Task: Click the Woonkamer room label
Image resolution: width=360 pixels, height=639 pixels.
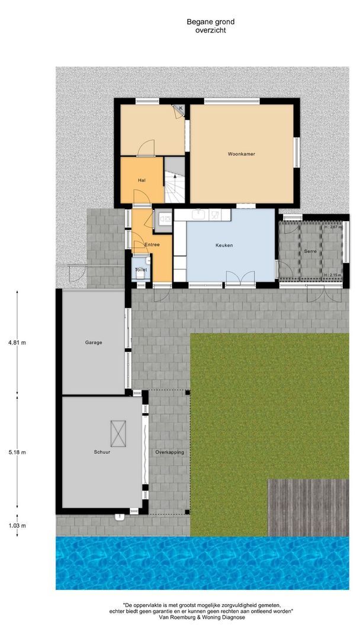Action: click(241, 154)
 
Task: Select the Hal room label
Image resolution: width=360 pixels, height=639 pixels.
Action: click(142, 180)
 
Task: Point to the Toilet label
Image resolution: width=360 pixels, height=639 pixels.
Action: click(141, 270)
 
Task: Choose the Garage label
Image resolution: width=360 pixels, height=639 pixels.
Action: click(94, 342)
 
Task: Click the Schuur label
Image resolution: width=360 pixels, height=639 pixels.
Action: click(102, 452)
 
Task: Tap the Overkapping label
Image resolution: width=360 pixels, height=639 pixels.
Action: click(169, 452)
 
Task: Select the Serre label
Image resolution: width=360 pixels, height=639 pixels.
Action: click(311, 251)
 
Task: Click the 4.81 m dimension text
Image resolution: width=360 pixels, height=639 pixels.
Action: click(17, 342)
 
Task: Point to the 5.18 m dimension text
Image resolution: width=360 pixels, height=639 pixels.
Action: click(17, 452)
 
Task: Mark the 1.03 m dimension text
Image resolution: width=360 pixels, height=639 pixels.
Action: click(17, 525)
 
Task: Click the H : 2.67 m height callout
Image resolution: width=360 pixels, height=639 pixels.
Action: click(333, 227)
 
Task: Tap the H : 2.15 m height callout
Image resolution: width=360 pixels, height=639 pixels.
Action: click(333, 276)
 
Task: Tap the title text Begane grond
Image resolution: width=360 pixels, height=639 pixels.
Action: click(202, 22)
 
